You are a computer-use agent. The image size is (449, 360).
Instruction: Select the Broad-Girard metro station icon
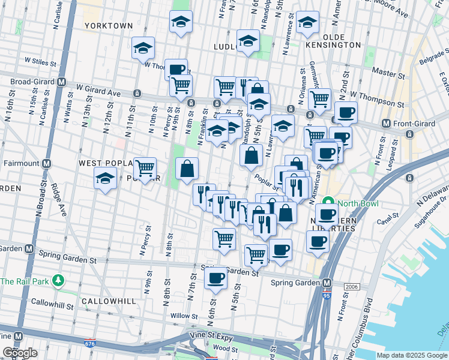[x=61, y=82]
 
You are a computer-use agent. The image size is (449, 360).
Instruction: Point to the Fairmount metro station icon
[x=46, y=163]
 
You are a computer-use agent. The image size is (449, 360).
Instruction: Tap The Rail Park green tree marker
[x=58, y=280]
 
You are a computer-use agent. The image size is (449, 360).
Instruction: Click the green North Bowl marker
[x=328, y=203]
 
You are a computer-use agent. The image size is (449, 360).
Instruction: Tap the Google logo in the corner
[x=20, y=353]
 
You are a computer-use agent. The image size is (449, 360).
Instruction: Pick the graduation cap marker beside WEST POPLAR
[x=106, y=178]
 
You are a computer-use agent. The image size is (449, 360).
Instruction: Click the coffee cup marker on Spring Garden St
[x=215, y=278]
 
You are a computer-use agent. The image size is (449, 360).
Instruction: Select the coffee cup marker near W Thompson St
[x=345, y=112]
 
